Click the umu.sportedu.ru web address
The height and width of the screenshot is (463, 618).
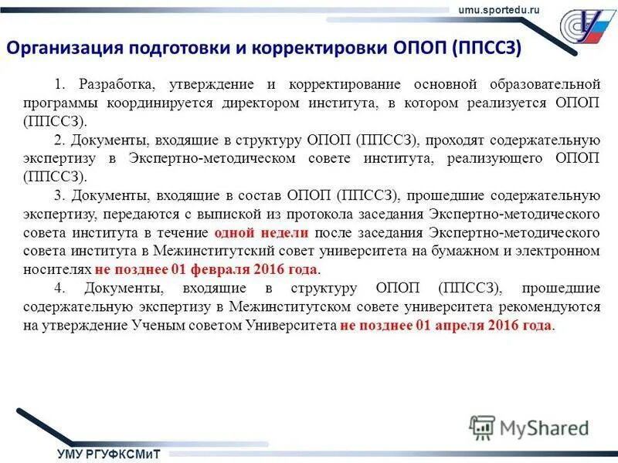click(500, 8)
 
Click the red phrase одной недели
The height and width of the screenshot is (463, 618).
click(262, 232)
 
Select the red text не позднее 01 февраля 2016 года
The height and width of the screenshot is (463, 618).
click(206, 269)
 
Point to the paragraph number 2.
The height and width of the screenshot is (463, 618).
click(58, 140)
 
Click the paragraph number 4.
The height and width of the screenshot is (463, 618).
click(59, 289)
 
